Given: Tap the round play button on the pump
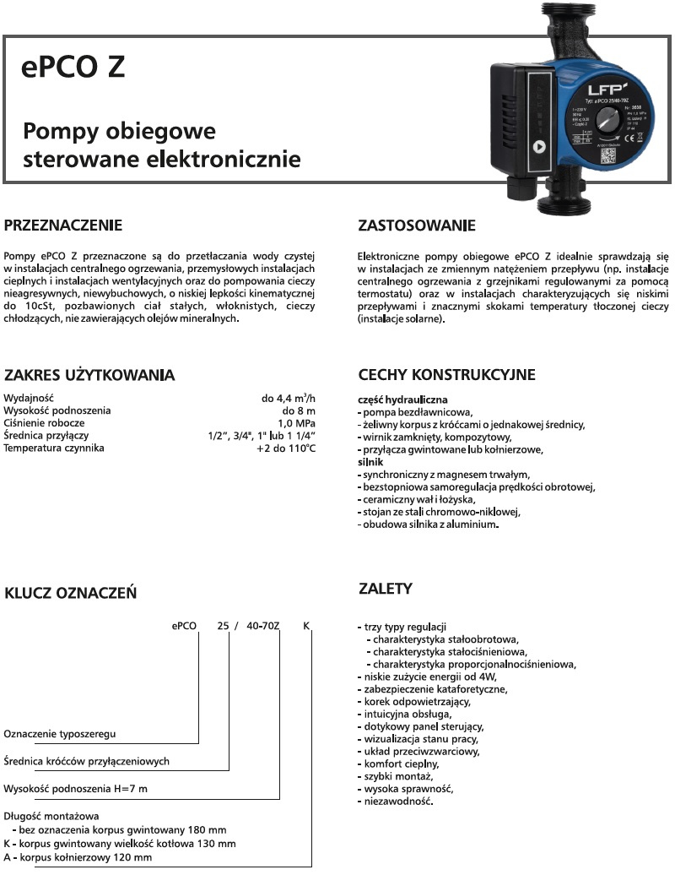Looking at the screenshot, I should [x=539, y=146].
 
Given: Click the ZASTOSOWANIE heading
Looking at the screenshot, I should [x=417, y=226].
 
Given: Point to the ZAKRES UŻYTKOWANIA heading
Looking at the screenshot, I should [x=89, y=374].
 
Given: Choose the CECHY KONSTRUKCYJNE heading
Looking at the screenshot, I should [x=446, y=374].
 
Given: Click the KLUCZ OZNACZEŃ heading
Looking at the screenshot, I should [x=70, y=593].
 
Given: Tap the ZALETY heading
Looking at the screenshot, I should [x=385, y=588].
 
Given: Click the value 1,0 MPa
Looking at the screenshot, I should [x=297, y=422].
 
